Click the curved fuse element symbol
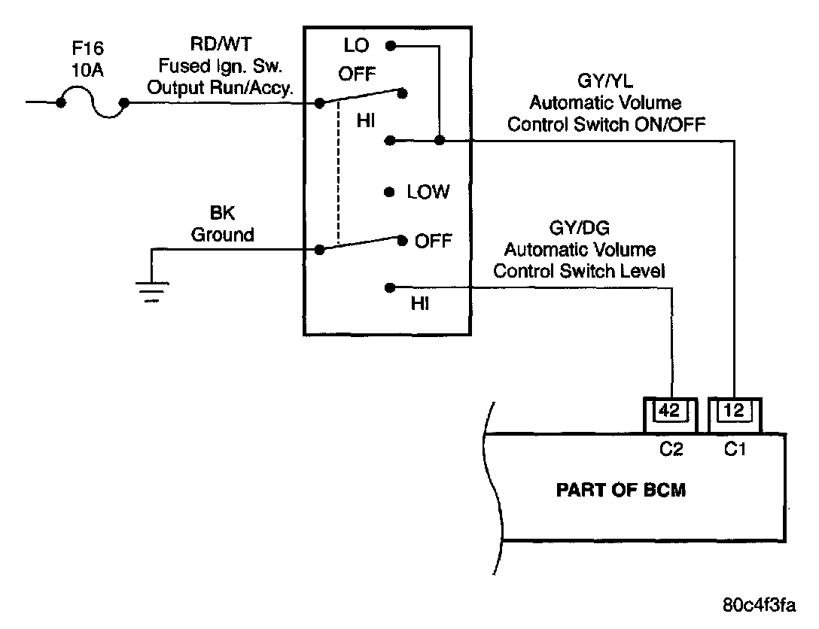(x=91, y=103)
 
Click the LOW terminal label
(x=428, y=192)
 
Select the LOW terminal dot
(x=389, y=192)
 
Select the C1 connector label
(x=735, y=450)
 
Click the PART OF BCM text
(x=621, y=491)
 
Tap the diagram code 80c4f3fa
(x=757, y=605)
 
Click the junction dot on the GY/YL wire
(x=440, y=140)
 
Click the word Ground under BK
(x=222, y=235)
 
